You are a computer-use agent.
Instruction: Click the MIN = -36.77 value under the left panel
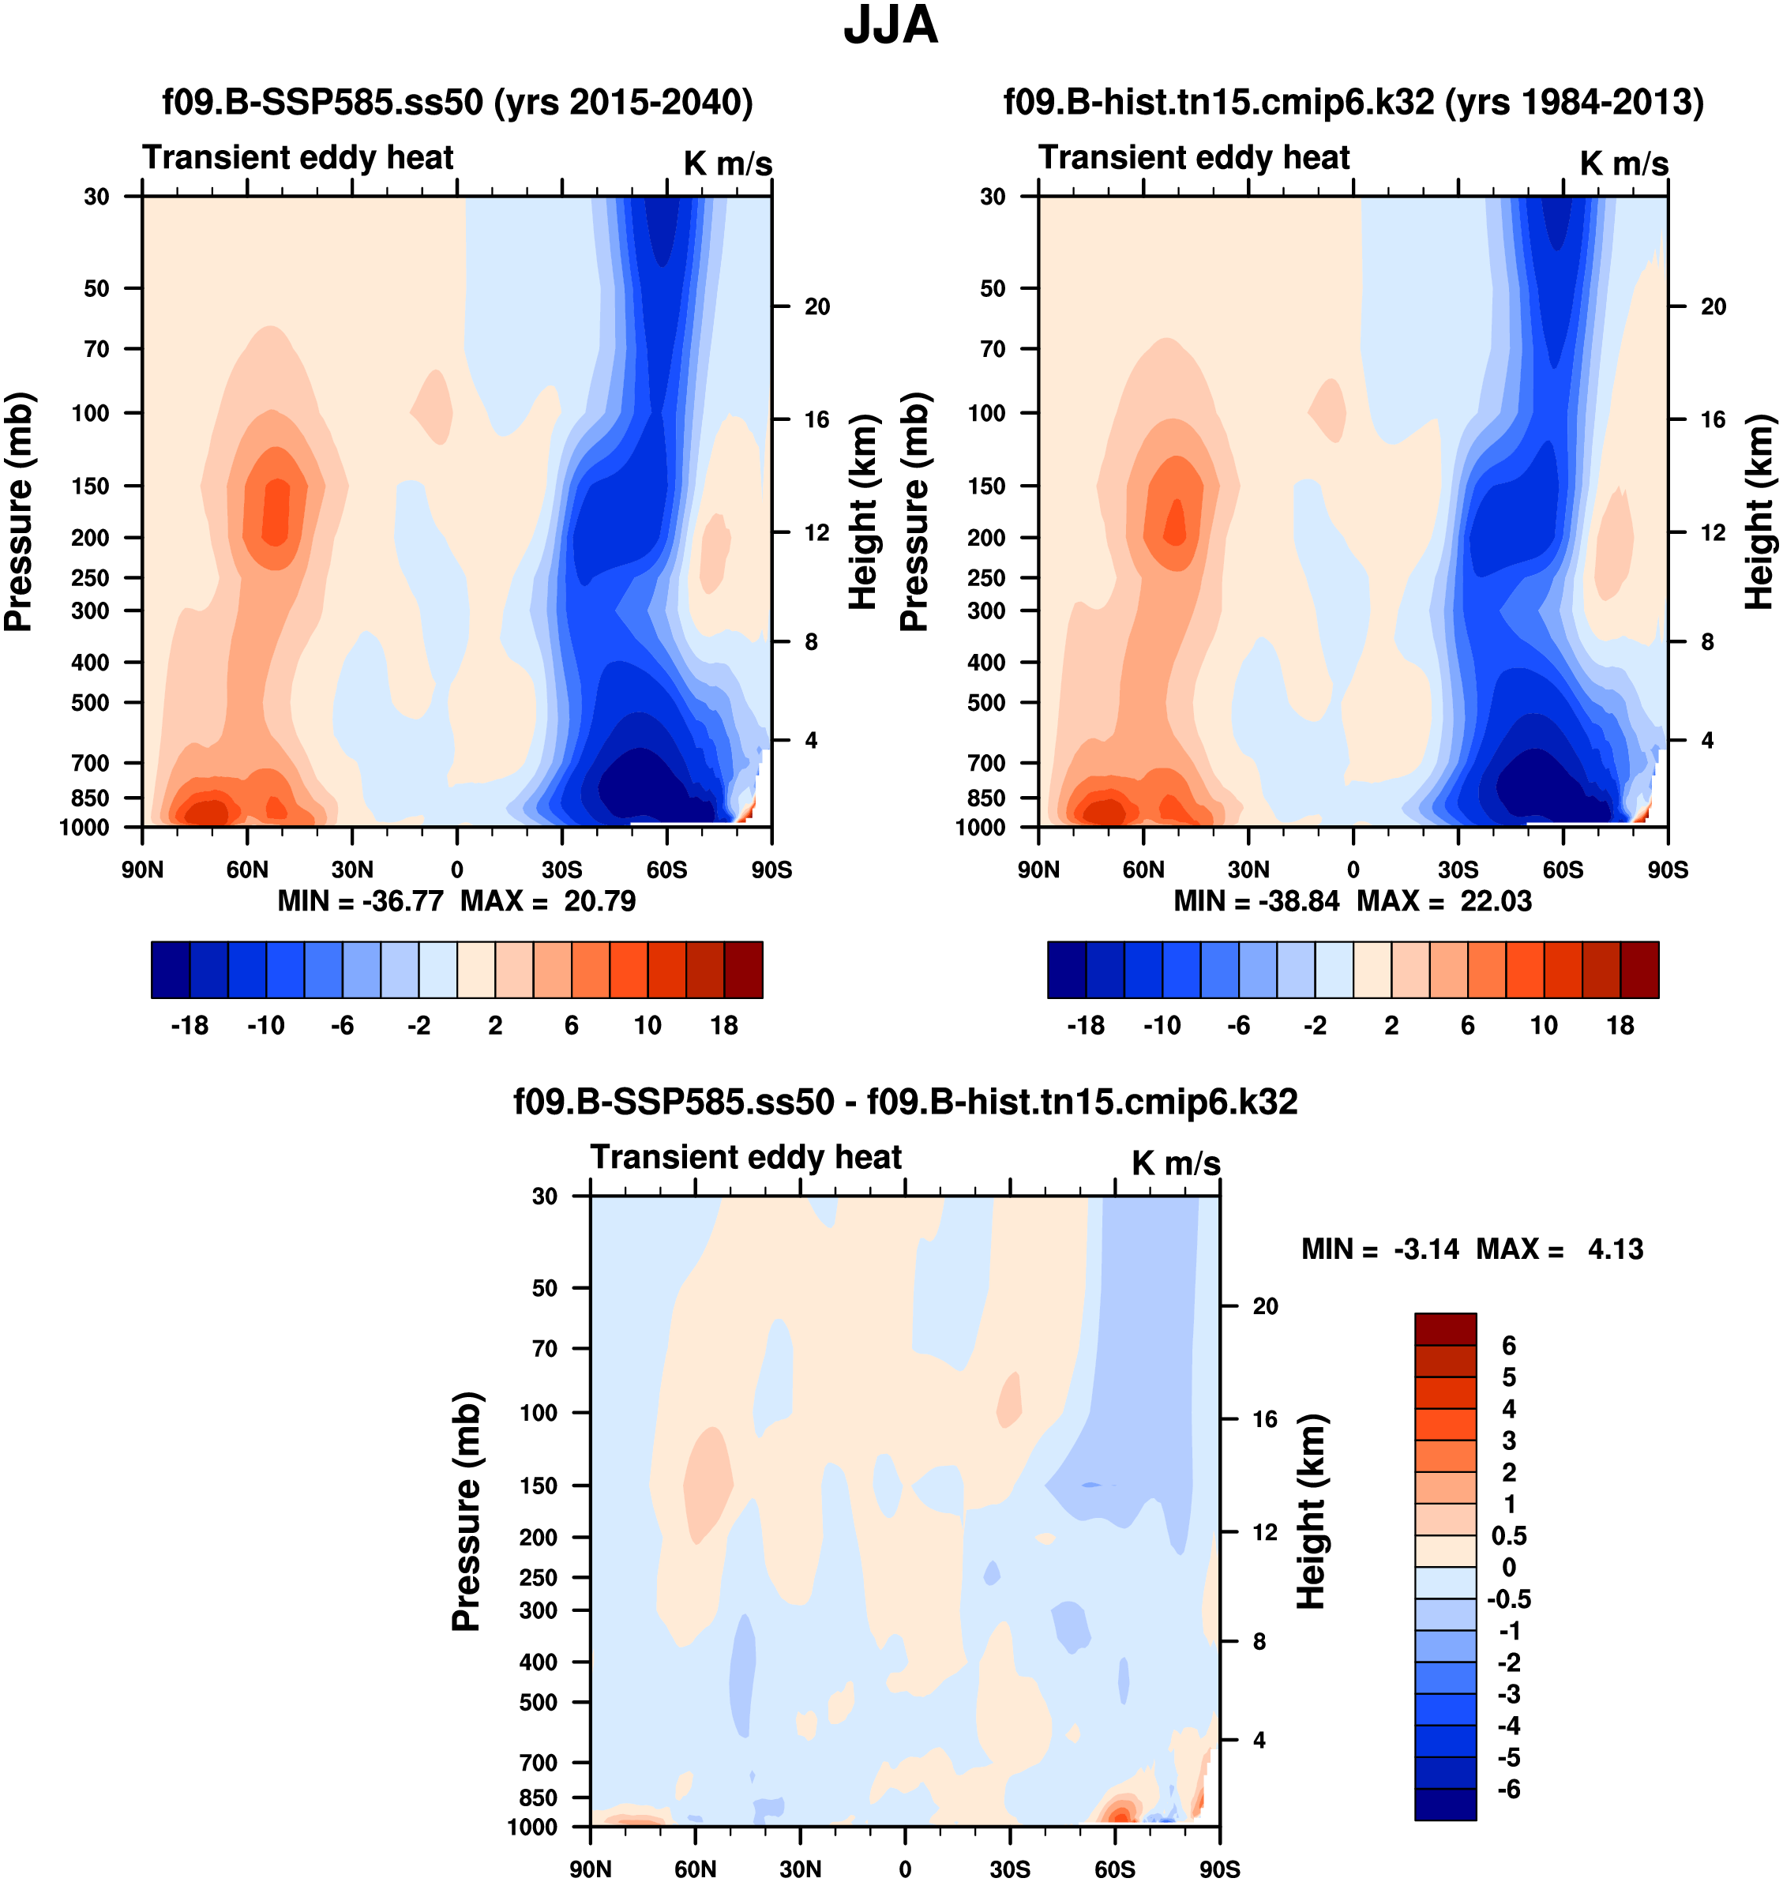pyautogui.click(x=360, y=901)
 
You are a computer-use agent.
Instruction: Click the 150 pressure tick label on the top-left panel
pyautogui.click(x=92, y=486)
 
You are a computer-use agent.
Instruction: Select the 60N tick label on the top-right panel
pyautogui.click(x=1143, y=870)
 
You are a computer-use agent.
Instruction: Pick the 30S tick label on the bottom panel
pyautogui.click(x=1009, y=1869)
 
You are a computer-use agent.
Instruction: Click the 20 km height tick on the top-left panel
pyautogui.click(x=816, y=307)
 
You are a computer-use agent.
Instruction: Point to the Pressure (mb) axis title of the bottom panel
pyautogui.click(x=466, y=1512)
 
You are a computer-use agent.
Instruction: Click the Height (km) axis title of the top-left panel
pyautogui.click(x=862, y=513)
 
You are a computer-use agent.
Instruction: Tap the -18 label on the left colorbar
pyautogui.click(x=190, y=1026)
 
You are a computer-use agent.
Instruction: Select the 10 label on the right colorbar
pyautogui.click(x=1544, y=1026)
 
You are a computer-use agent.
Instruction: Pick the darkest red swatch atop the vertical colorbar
pyautogui.click(x=1445, y=1329)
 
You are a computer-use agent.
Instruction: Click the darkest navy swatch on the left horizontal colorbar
pyautogui.click(x=171, y=970)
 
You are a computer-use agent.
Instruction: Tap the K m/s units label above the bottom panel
pyautogui.click(x=1176, y=1163)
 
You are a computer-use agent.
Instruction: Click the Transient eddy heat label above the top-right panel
pyautogui.click(x=1194, y=158)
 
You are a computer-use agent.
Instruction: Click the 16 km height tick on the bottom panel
pyautogui.click(x=1264, y=1419)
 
